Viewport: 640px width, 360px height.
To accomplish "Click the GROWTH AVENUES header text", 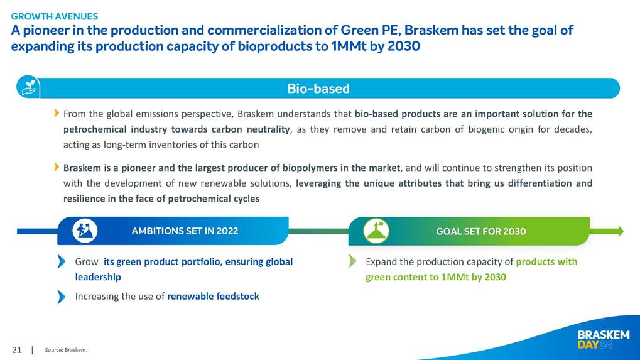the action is [x=54, y=16].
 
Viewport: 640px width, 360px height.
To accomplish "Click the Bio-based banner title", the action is [x=318, y=89].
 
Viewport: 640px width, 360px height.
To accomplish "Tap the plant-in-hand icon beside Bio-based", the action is [x=28, y=87].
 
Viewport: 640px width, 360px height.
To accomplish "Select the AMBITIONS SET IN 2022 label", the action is [x=185, y=231].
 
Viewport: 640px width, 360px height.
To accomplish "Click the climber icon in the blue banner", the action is [x=85, y=231].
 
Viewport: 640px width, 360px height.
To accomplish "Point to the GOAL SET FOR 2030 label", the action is [x=481, y=231].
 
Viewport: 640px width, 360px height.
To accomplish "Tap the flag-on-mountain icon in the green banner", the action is [x=376, y=231].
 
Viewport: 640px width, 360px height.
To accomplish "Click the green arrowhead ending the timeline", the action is [x=620, y=231].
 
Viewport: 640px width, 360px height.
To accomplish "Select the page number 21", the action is [x=17, y=350].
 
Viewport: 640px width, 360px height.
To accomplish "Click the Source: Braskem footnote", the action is [x=66, y=350].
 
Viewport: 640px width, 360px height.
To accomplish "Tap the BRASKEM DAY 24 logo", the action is [x=604, y=340].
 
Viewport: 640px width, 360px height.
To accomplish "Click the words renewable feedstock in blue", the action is [x=213, y=297].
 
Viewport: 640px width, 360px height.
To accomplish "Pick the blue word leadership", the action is [x=98, y=277].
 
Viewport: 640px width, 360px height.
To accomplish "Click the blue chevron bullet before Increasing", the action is [x=61, y=297].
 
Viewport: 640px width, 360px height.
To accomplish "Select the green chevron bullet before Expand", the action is [x=352, y=261].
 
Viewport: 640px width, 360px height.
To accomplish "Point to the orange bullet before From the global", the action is [x=57, y=113].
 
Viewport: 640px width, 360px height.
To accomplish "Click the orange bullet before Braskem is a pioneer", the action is [x=57, y=167].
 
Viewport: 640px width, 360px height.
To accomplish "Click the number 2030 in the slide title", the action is [x=404, y=46].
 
